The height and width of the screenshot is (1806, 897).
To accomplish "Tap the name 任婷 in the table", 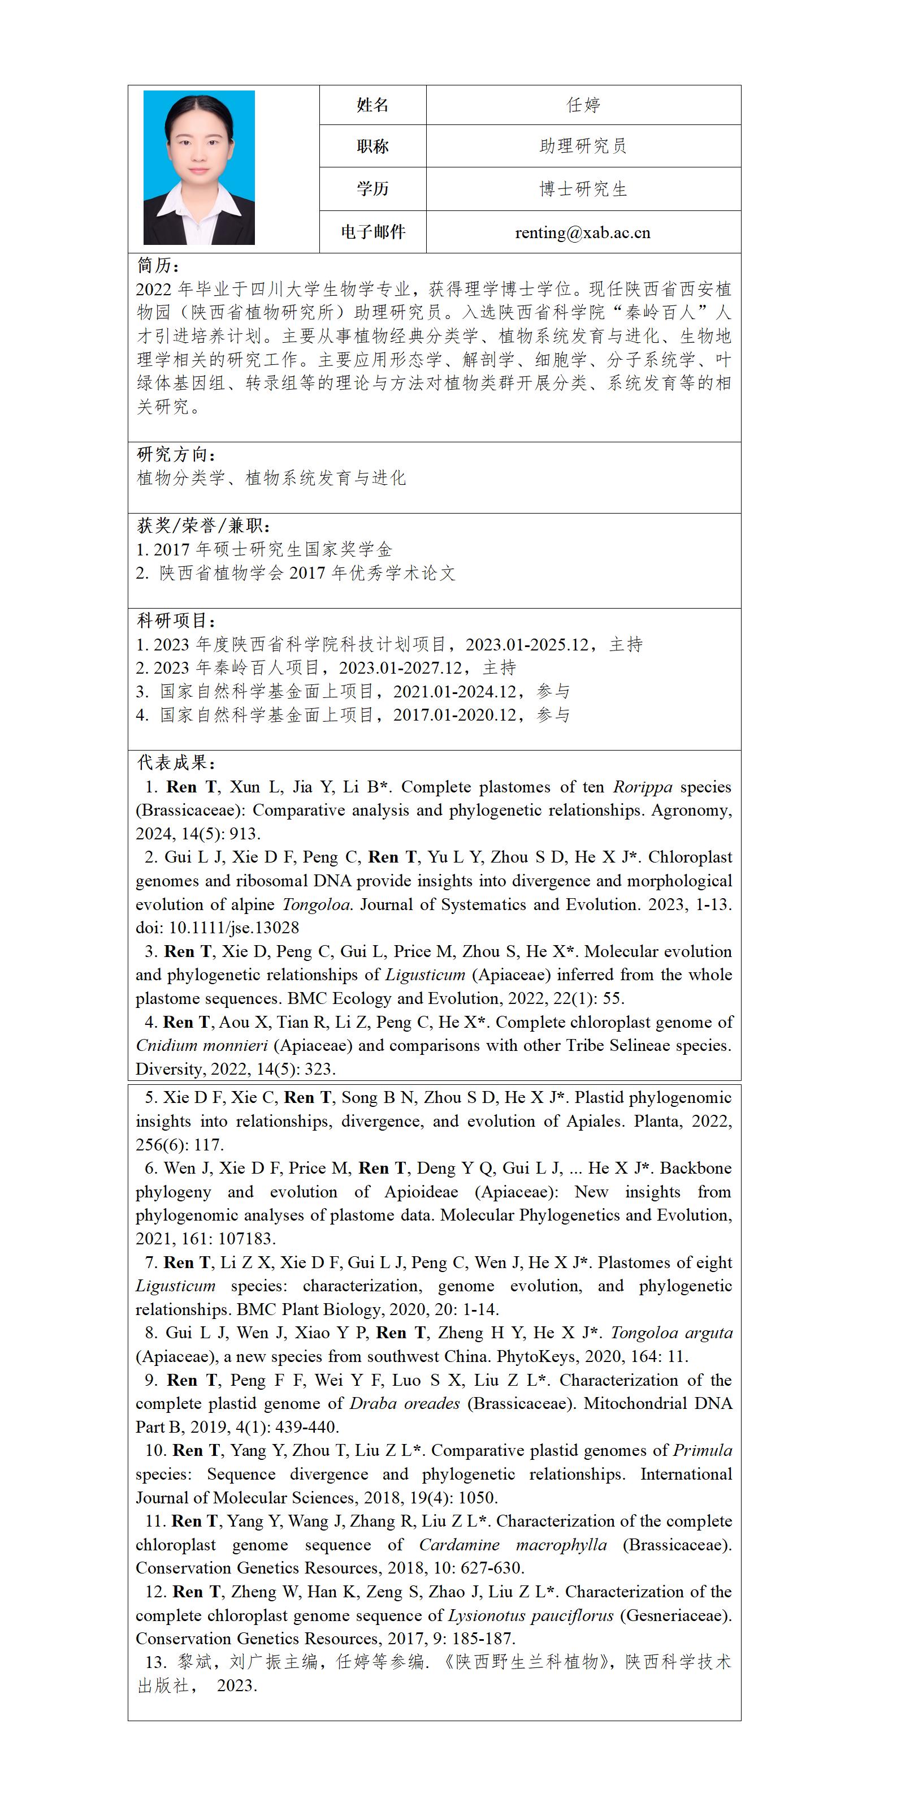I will pyautogui.click(x=583, y=105).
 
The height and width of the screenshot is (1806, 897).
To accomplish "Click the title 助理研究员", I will pyautogui.click(x=583, y=146).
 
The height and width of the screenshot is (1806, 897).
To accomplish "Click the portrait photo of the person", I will pyautogui.click(x=199, y=167).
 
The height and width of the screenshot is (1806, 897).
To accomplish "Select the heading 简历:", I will pyautogui.click(x=158, y=266).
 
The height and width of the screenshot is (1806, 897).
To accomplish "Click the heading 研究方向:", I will pyautogui.click(x=176, y=454).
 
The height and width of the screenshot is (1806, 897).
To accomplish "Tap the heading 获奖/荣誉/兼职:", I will pyautogui.click(x=204, y=526).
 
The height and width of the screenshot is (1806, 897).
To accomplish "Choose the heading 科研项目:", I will pyautogui.click(x=176, y=620).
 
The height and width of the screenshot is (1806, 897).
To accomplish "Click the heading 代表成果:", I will pyautogui.click(x=176, y=763).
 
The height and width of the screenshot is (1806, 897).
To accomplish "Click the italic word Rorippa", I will pyautogui.click(x=642, y=787).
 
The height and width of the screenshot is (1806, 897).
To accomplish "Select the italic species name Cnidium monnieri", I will pyautogui.click(x=202, y=1045).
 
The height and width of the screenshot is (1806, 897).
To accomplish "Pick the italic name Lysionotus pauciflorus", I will pyautogui.click(x=531, y=1615).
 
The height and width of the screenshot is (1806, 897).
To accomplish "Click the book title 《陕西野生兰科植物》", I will pyautogui.click(x=526, y=1662).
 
